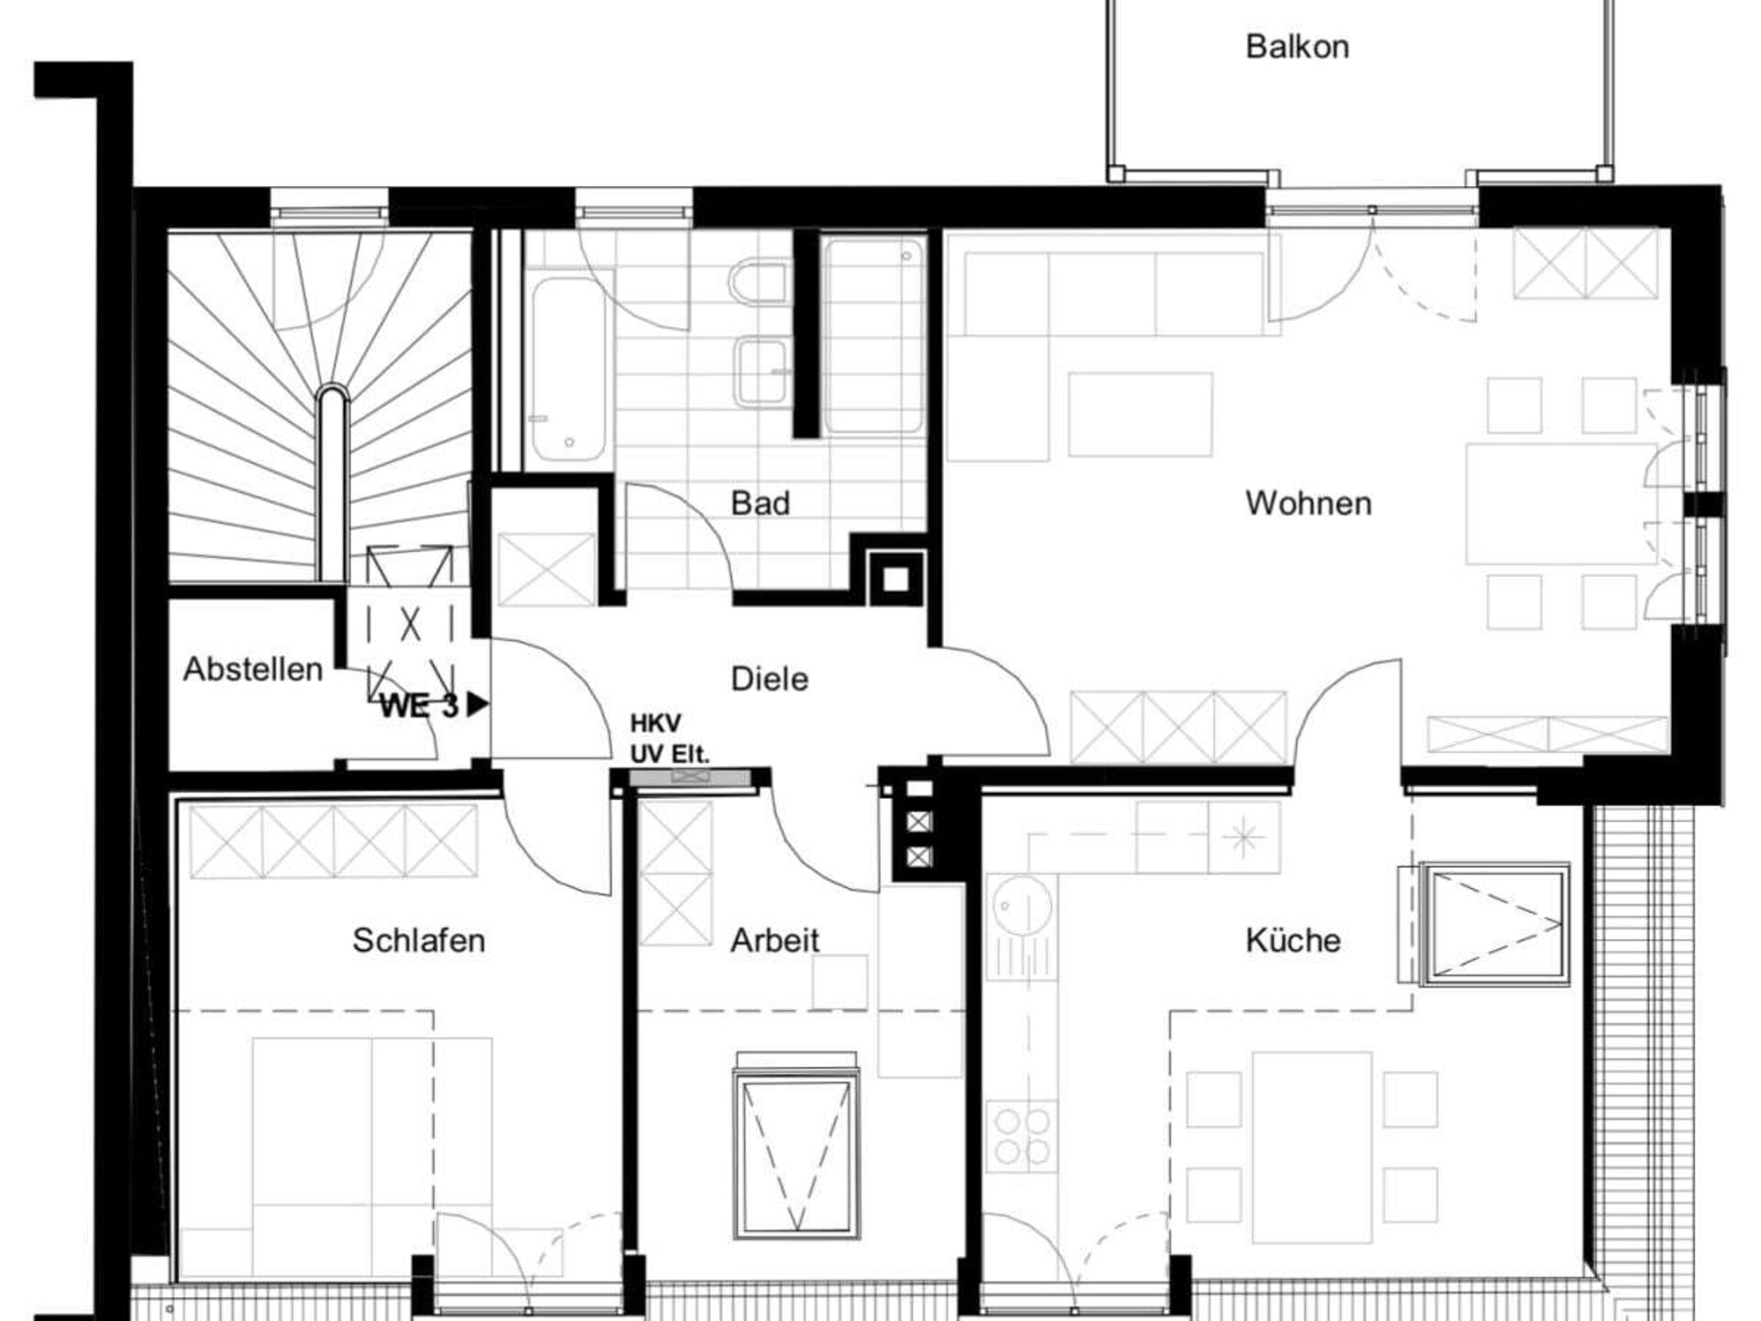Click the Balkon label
(x=1297, y=47)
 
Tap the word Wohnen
(x=1308, y=504)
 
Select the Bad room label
(x=760, y=503)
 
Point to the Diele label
(x=770, y=679)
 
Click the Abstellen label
(x=253, y=669)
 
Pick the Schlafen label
(x=419, y=940)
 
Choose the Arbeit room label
(x=775, y=940)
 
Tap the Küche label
(x=1293, y=940)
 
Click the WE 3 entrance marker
(x=434, y=705)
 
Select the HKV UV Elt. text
(x=670, y=738)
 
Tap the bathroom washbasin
(x=761, y=371)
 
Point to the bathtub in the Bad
(x=569, y=365)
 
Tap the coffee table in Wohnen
(x=1140, y=414)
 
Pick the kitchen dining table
(x=1312, y=1138)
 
